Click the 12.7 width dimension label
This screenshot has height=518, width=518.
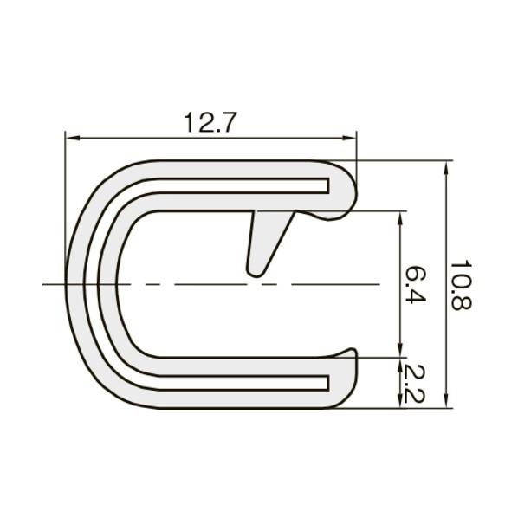click(x=210, y=122)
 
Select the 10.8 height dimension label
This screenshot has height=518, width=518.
click(x=461, y=286)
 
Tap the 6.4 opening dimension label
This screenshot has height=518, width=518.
click(x=416, y=285)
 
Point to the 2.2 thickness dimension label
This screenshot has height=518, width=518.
click(x=413, y=384)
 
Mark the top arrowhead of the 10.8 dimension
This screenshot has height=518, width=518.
click(x=446, y=168)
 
